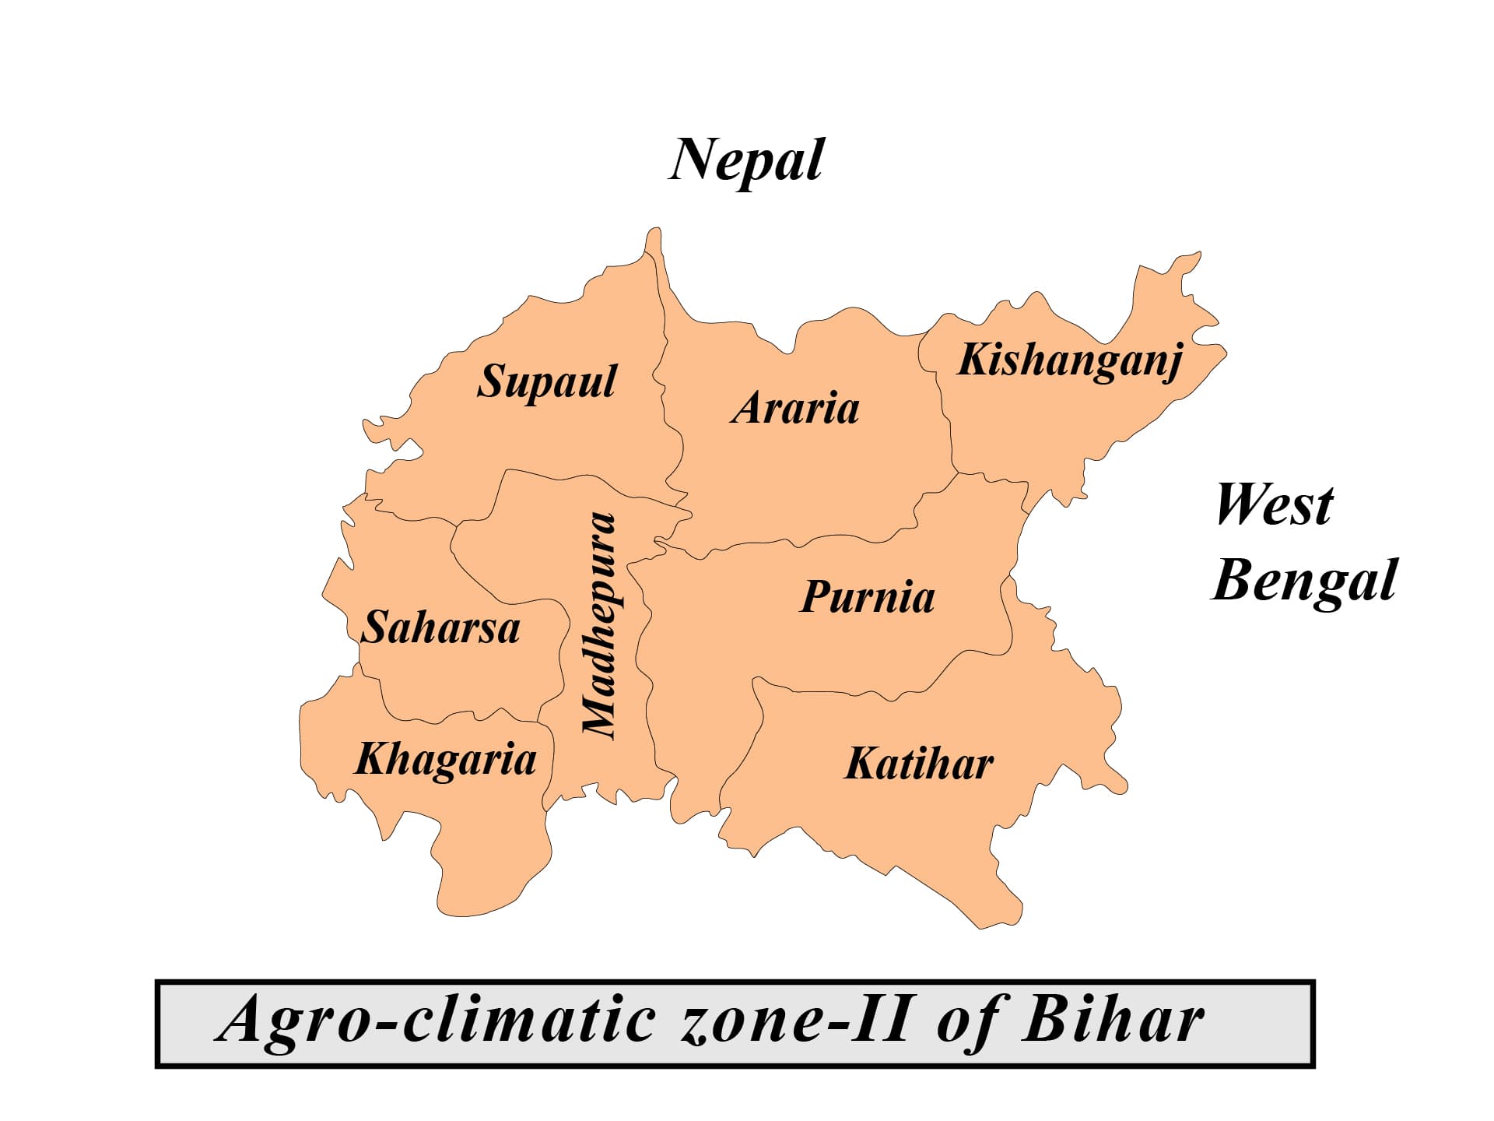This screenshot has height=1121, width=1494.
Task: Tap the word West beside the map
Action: pyautogui.click(x=1274, y=505)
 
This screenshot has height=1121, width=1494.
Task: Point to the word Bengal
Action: pyautogui.click(x=1304, y=582)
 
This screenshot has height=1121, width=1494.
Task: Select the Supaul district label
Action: pyautogui.click(x=546, y=382)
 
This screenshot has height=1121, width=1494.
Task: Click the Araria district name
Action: pyautogui.click(x=794, y=409)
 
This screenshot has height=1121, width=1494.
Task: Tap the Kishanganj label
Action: pyautogui.click(x=1070, y=360)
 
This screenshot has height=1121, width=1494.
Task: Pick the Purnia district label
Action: pyautogui.click(x=867, y=598)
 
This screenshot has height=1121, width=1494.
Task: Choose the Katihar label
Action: pyautogui.click(x=919, y=764)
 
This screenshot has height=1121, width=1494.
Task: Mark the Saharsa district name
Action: pyautogui.click(x=441, y=627)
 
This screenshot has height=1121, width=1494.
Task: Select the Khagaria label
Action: pyautogui.click(x=445, y=760)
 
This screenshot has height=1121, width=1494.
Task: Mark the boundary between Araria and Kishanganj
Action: pyautogui.click(x=946, y=413)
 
